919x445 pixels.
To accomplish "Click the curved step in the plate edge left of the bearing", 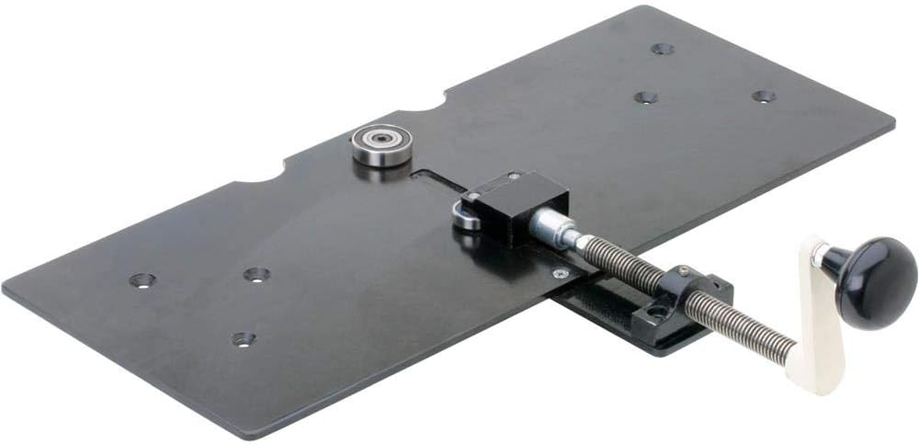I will [276, 169].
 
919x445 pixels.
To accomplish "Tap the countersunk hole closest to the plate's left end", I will [142, 280].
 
